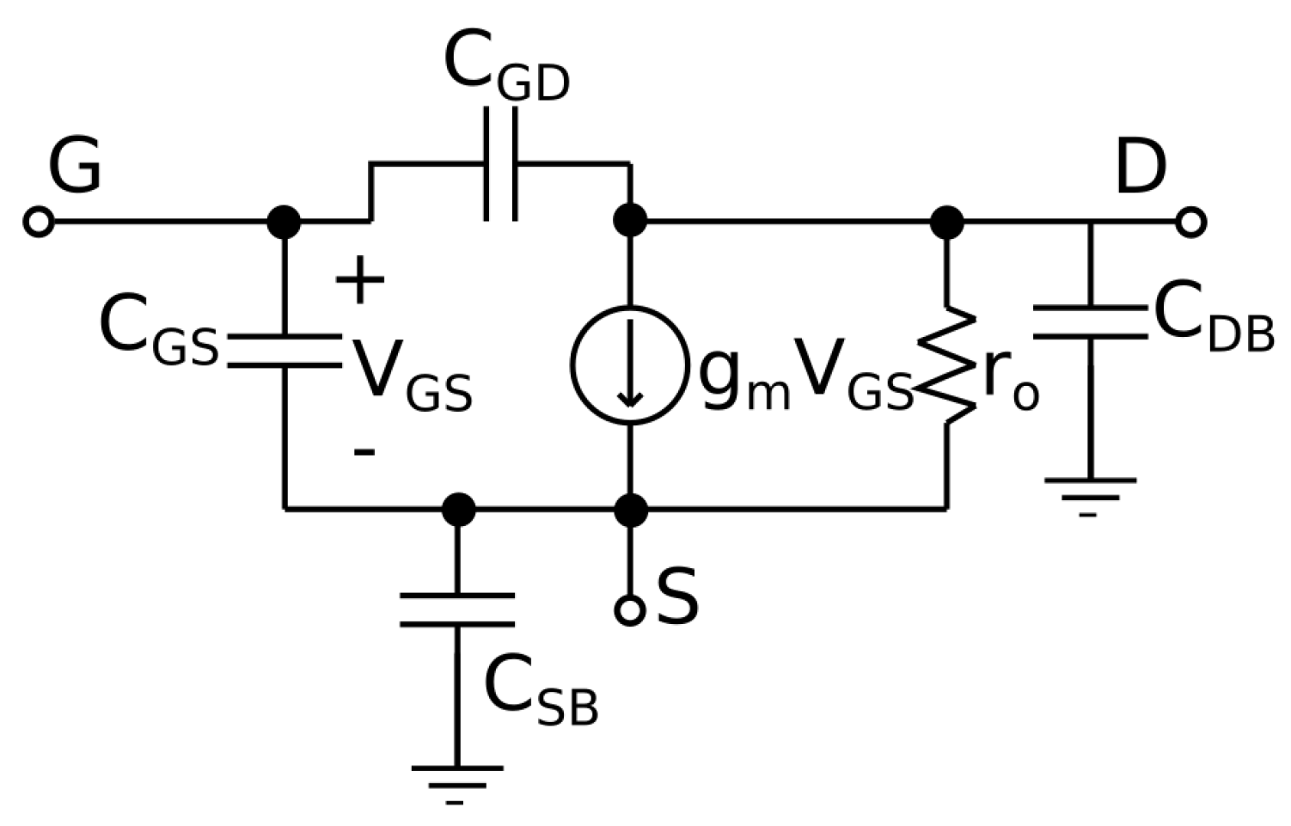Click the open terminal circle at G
(38, 223)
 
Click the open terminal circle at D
(1190, 223)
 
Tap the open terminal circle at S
(630, 610)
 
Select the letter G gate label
(75, 166)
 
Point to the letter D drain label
(1140, 168)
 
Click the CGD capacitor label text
(506, 69)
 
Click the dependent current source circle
(630, 364)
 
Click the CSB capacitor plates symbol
(457, 609)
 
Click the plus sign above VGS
(360, 281)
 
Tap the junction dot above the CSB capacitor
(458, 510)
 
